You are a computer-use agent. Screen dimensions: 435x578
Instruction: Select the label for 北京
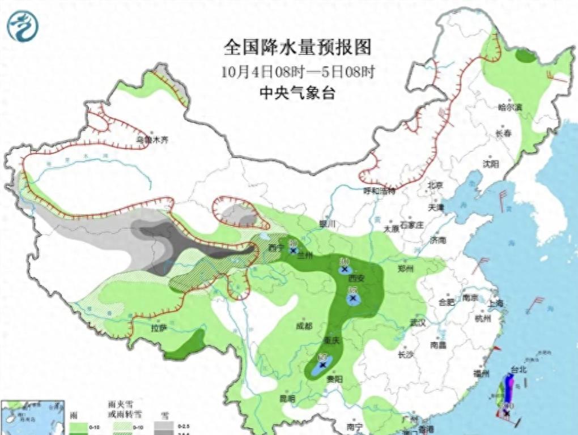click(435, 185)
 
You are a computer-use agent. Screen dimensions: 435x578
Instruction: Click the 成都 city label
click(304, 326)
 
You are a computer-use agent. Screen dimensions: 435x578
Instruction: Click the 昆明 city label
click(288, 399)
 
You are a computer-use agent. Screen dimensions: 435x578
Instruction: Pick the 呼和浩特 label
click(379, 191)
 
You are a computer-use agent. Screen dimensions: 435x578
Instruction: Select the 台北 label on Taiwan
click(518, 370)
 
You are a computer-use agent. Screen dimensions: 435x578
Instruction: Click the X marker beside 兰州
click(294, 250)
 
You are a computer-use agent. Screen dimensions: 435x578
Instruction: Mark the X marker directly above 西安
click(344, 270)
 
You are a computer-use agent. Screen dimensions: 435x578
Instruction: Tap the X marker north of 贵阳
click(322, 365)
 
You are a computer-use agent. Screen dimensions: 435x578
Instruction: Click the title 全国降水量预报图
click(297, 47)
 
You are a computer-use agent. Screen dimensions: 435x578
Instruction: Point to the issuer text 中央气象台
click(297, 93)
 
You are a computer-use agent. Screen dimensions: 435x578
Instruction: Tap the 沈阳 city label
click(491, 164)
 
